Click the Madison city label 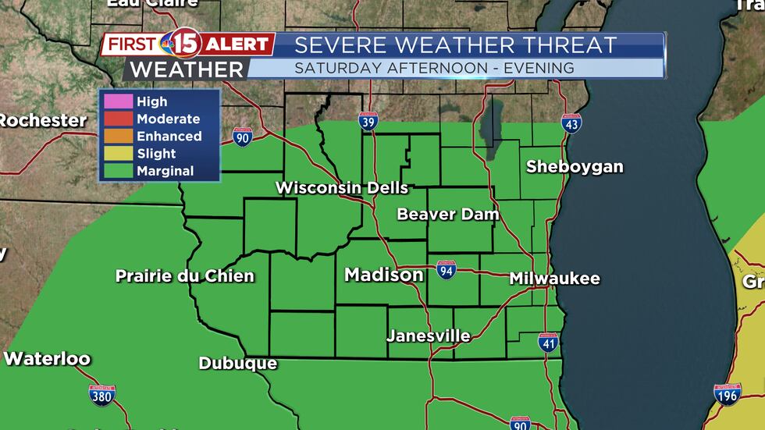(384, 275)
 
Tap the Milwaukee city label (554, 279)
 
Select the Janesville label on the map (429, 336)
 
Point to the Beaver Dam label (447, 214)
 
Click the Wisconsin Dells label (342, 188)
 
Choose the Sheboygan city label (575, 166)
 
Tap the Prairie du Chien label (185, 276)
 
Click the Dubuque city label (237, 364)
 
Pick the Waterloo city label (47, 360)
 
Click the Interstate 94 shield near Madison (447, 270)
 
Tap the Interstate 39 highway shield (369, 122)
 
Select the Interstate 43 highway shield (571, 123)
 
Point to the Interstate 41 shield (548, 342)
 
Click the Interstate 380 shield (101, 395)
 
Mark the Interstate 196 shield (728, 395)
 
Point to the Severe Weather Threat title (456, 45)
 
